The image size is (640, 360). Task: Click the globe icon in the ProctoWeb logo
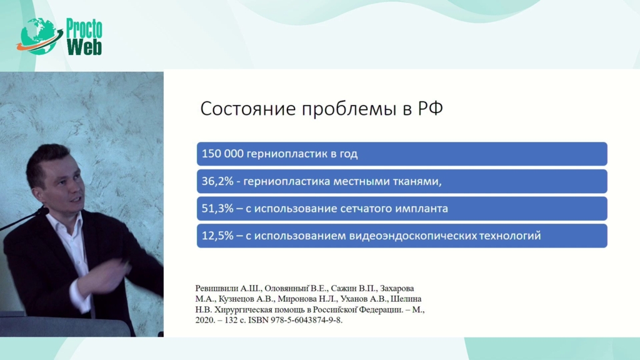[x=37, y=36]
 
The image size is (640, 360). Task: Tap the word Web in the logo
[x=84, y=46]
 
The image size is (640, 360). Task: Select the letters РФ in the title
[x=430, y=109]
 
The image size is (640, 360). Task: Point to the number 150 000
[x=222, y=154]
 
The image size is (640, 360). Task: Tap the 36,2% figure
[x=217, y=181]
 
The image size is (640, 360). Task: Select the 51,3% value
[x=217, y=209]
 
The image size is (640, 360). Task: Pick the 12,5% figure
[x=217, y=236]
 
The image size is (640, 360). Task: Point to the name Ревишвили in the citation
[x=214, y=288]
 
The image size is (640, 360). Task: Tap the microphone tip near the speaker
[x=44, y=211]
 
